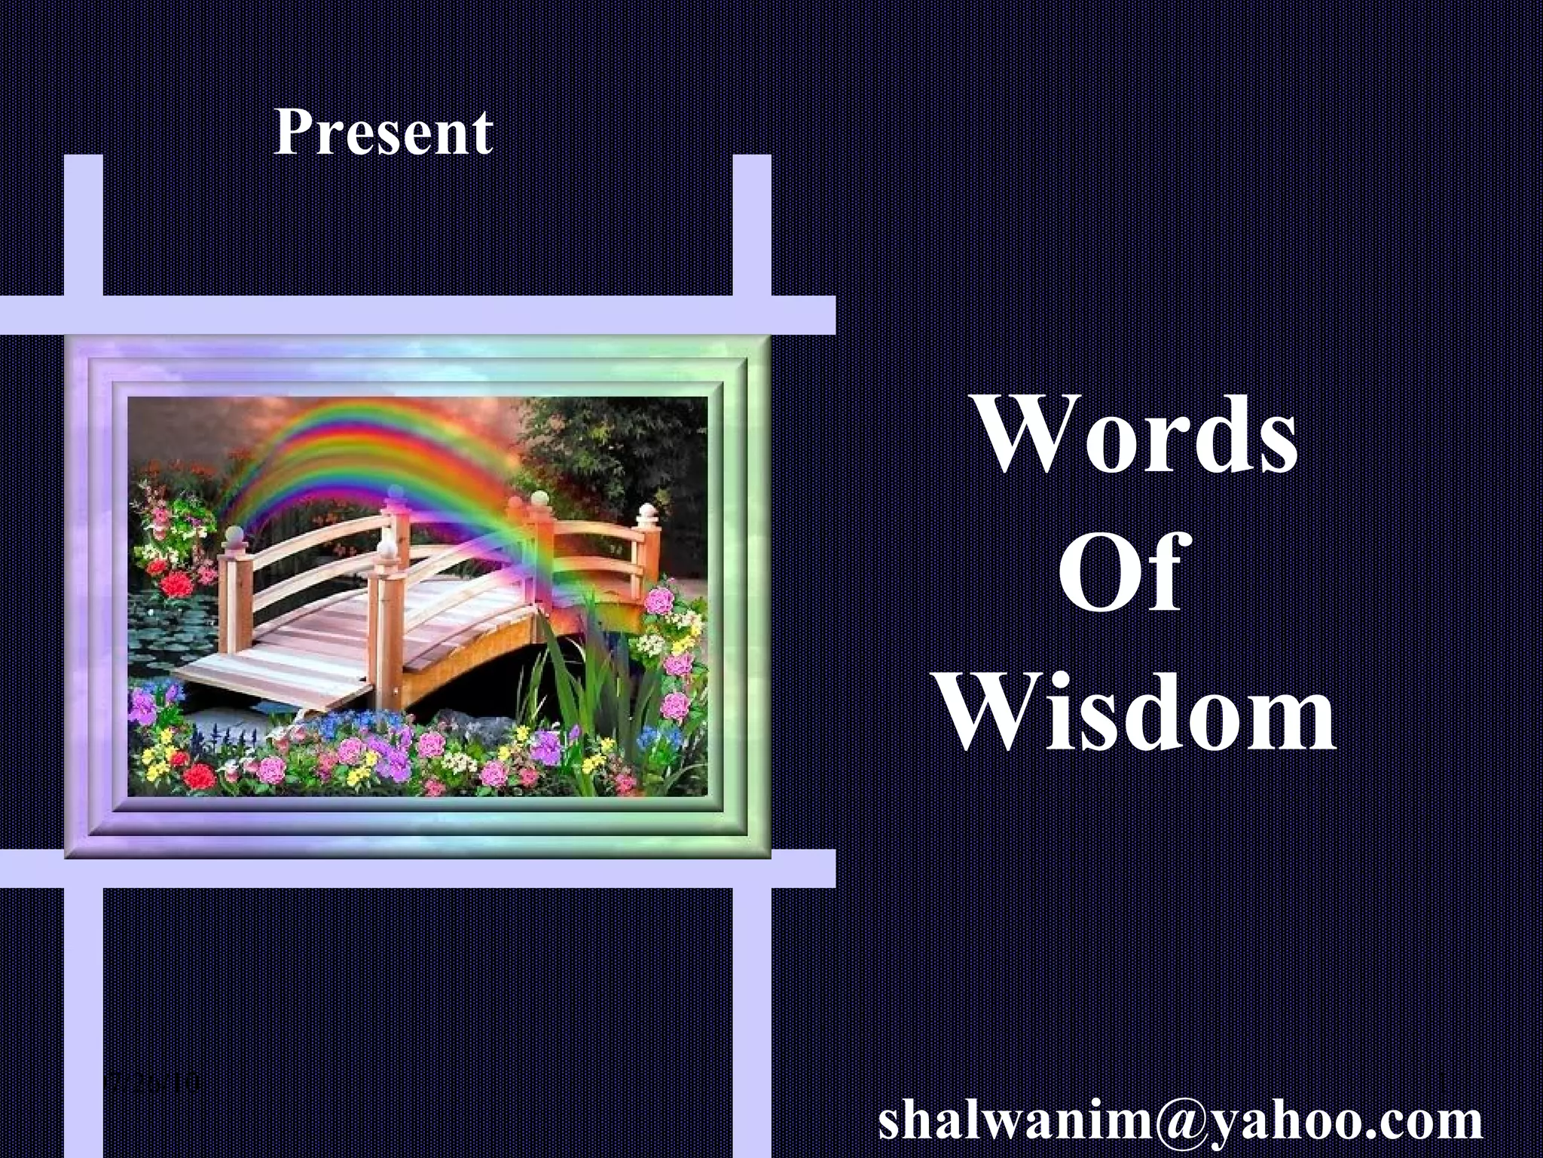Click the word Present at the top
[x=383, y=133]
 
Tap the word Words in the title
[x=1137, y=438]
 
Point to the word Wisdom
[x=1138, y=712]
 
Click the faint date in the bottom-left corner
[x=154, y=1083]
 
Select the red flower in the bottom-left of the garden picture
[x=199, y=775]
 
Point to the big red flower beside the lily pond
[x=176, y=584]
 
